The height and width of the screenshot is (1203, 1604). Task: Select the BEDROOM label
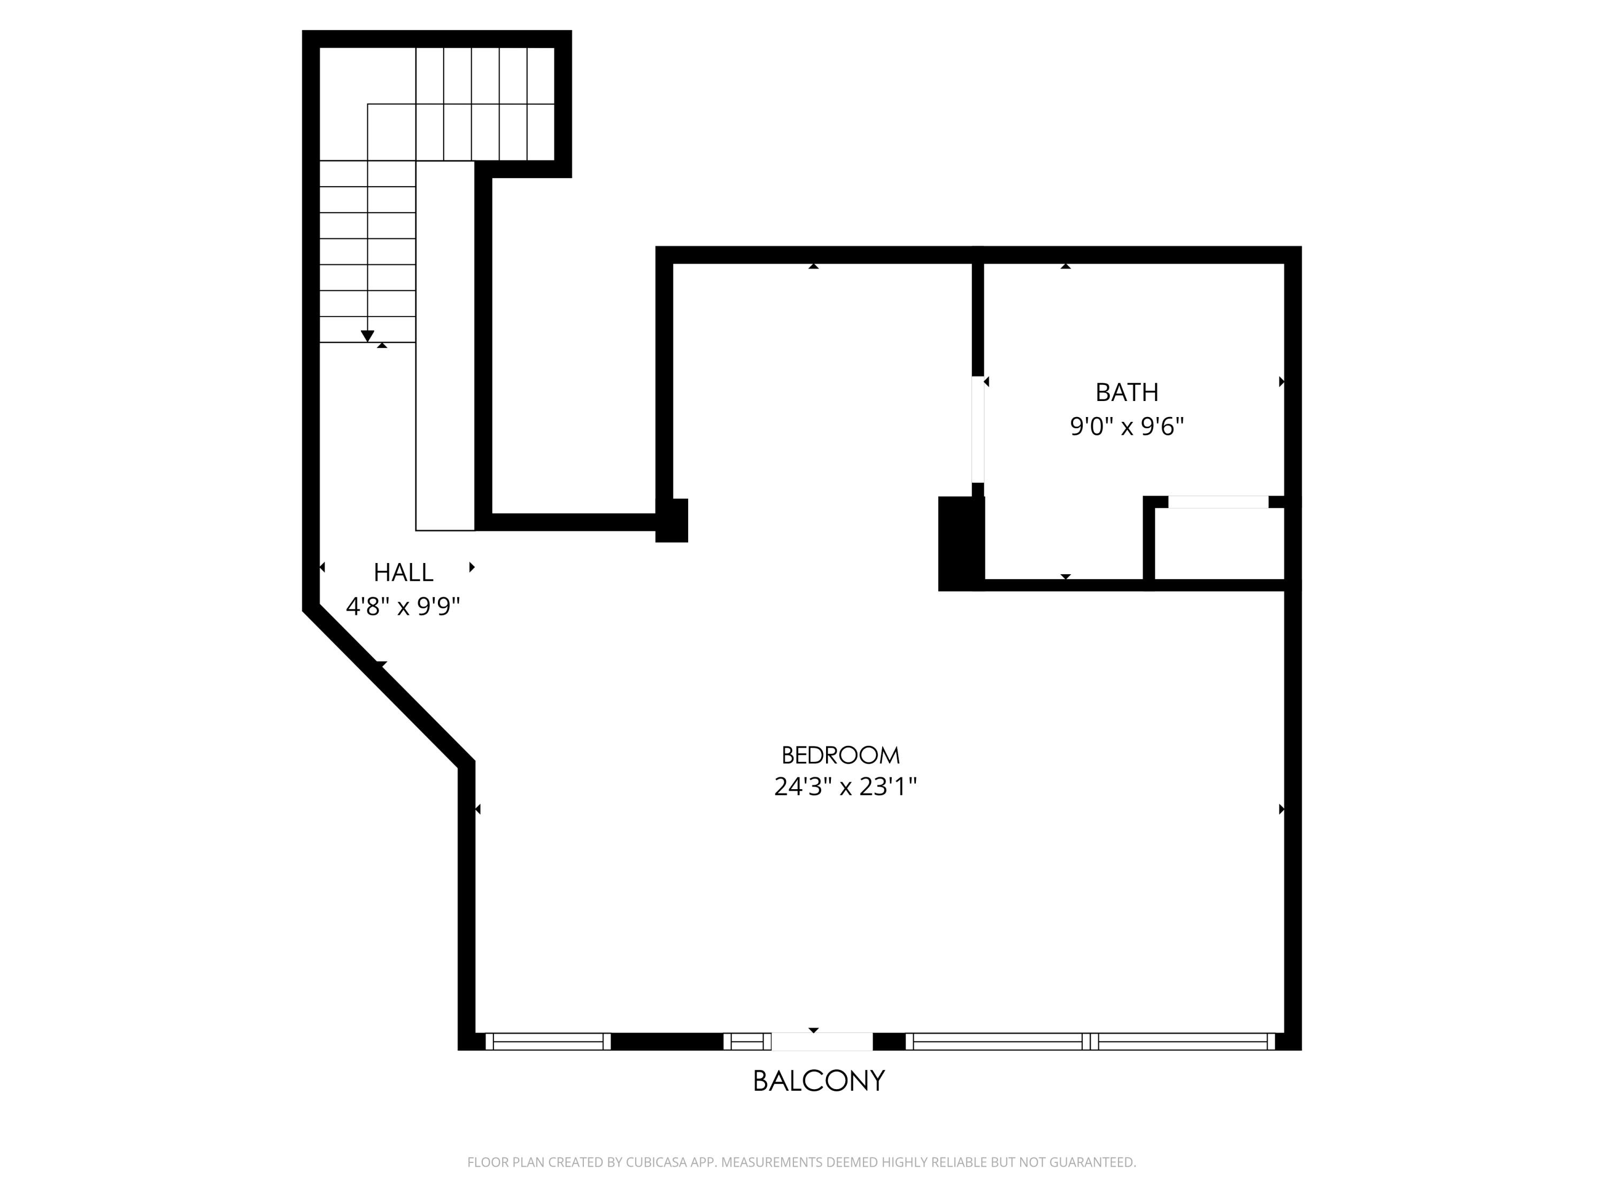click(x=840, y=755)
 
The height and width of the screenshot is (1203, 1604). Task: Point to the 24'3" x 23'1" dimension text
click(x=845, y=787)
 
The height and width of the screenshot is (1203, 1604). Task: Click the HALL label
click(x=403, y=573)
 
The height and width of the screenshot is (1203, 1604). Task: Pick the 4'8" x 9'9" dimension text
click(x=403, y=606)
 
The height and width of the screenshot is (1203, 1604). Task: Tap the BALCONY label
click(x=819, y=1081)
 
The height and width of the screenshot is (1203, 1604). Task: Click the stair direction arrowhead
click(x=368, y=336)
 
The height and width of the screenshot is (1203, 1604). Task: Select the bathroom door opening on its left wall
click(x=977, y=429)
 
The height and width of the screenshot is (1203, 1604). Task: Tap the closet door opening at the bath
click(x=1218, y=502)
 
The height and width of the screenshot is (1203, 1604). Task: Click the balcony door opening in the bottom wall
click(x=822, y=1042)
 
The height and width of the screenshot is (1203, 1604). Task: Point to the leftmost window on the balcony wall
click(x=547, y=1042)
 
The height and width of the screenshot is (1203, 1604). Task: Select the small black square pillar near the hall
click(x=672, y=521)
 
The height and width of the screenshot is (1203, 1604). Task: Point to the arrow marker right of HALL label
click(x=472, y=567)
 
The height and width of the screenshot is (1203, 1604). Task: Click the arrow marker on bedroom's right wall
click(x=1281, y=809)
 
